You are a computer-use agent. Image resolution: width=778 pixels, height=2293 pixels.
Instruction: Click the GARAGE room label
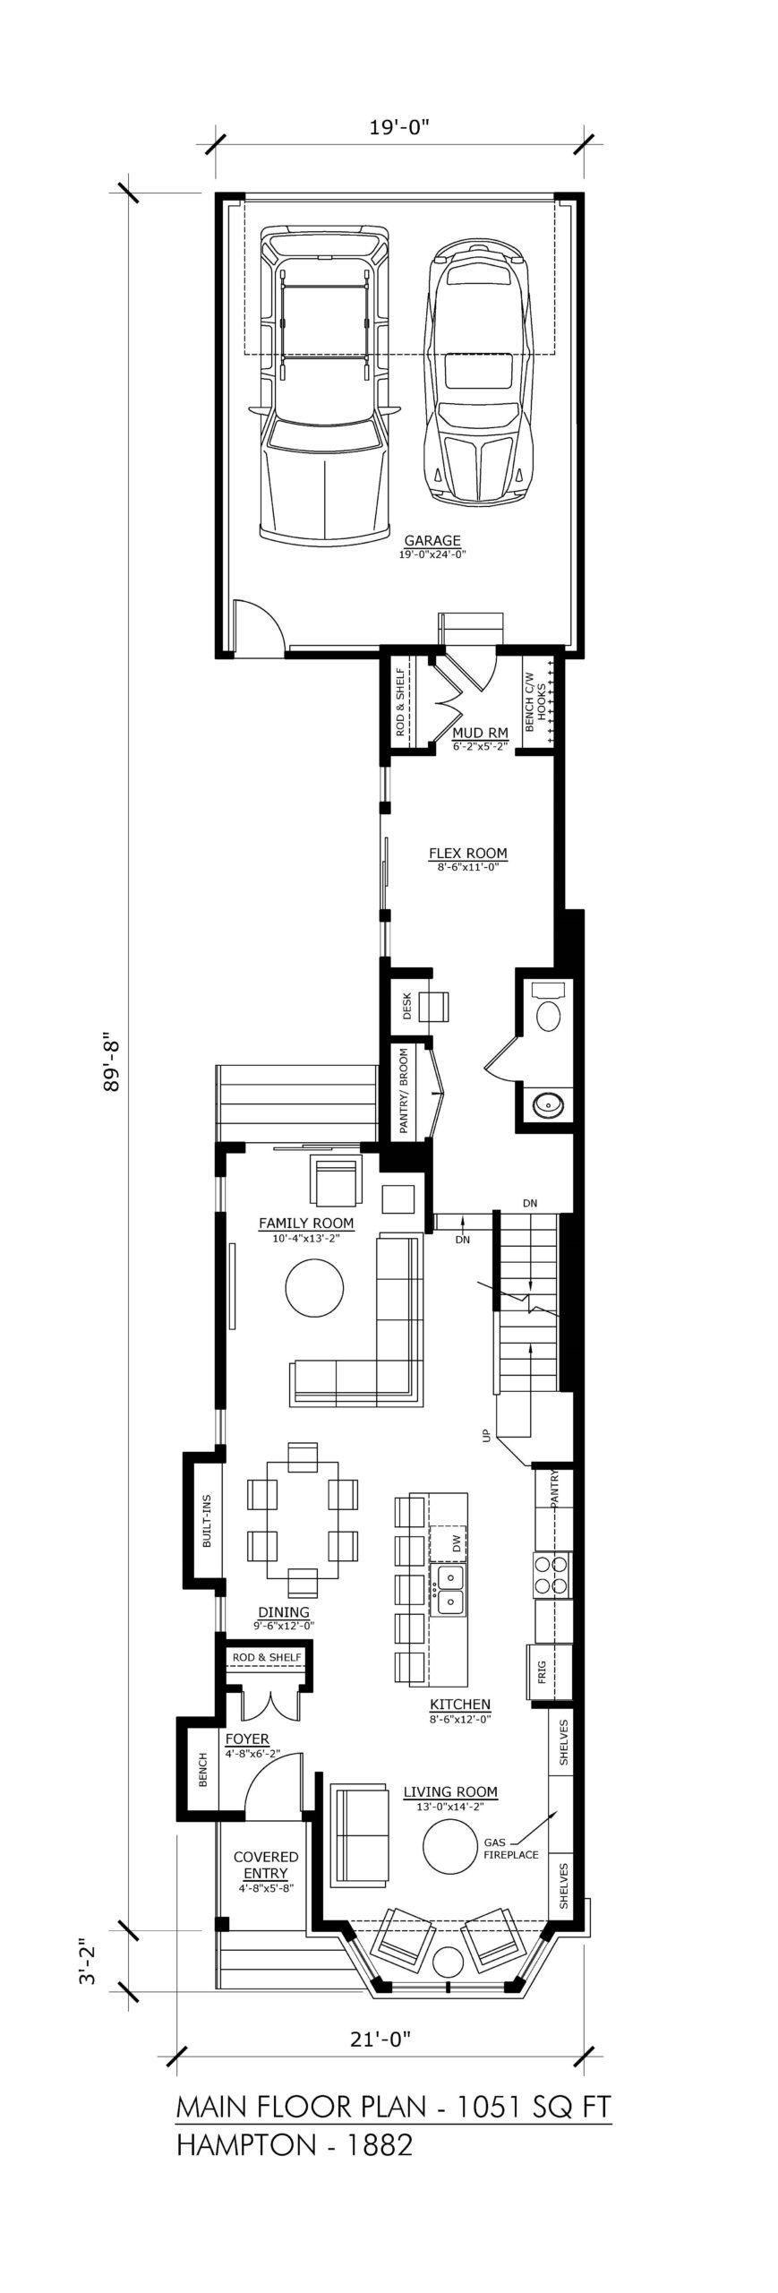tap(432, 540)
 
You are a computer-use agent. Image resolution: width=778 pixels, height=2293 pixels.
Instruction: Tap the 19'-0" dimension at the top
tap(399, 127)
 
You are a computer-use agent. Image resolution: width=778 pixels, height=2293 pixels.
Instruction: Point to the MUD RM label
tap(481, 734)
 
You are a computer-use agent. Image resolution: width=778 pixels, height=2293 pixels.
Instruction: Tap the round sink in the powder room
tap(544, 1106)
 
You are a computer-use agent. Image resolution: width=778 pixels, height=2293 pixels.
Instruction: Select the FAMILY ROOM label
tap(306, 1223)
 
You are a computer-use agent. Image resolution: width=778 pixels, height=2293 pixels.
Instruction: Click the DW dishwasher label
tap(457, 1542)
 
